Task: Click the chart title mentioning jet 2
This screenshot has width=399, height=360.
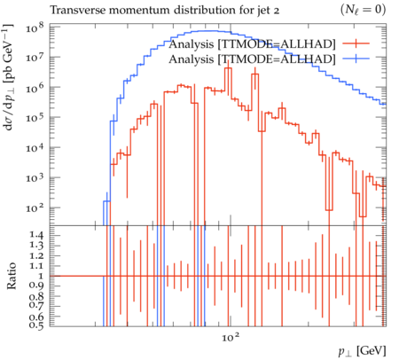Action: (x=164, y=11)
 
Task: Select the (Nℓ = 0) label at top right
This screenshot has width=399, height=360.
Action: (x=363, y=10)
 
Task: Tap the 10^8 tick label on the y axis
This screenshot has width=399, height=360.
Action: (x=35, y=28)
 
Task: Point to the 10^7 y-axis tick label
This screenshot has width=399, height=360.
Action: (x=35, y=59)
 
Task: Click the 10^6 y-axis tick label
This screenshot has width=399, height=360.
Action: (x=35, y=89)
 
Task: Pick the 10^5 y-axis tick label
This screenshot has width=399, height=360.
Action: (x=35, y=118)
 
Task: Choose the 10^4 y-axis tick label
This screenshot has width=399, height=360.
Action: (x=35, y=148)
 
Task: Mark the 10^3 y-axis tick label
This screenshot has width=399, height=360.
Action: (x=35, y=178)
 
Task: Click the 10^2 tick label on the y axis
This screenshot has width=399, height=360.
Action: (x=35, y=208)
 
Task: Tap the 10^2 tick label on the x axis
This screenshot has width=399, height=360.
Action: (x=231, y=337)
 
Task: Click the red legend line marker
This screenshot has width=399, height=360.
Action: (x=356, y=43)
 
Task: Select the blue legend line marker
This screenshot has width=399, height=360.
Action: (x=356, y=59)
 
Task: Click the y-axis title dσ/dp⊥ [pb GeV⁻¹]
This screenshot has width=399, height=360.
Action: (x=8, y=77)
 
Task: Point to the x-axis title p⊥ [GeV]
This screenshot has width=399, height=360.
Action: (x=362, y=351)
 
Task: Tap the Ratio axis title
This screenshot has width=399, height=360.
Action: (x=12, y=276)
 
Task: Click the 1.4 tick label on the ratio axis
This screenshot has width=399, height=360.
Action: (x=36, y=235)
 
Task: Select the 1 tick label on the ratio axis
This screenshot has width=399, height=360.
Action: (x=41, y=276)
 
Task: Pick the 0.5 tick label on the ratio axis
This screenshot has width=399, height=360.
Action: (x=36, y=325)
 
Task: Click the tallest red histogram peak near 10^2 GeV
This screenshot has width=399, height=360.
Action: (x=228, y=68)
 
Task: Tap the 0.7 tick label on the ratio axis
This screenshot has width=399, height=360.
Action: (x=36, y=306)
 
